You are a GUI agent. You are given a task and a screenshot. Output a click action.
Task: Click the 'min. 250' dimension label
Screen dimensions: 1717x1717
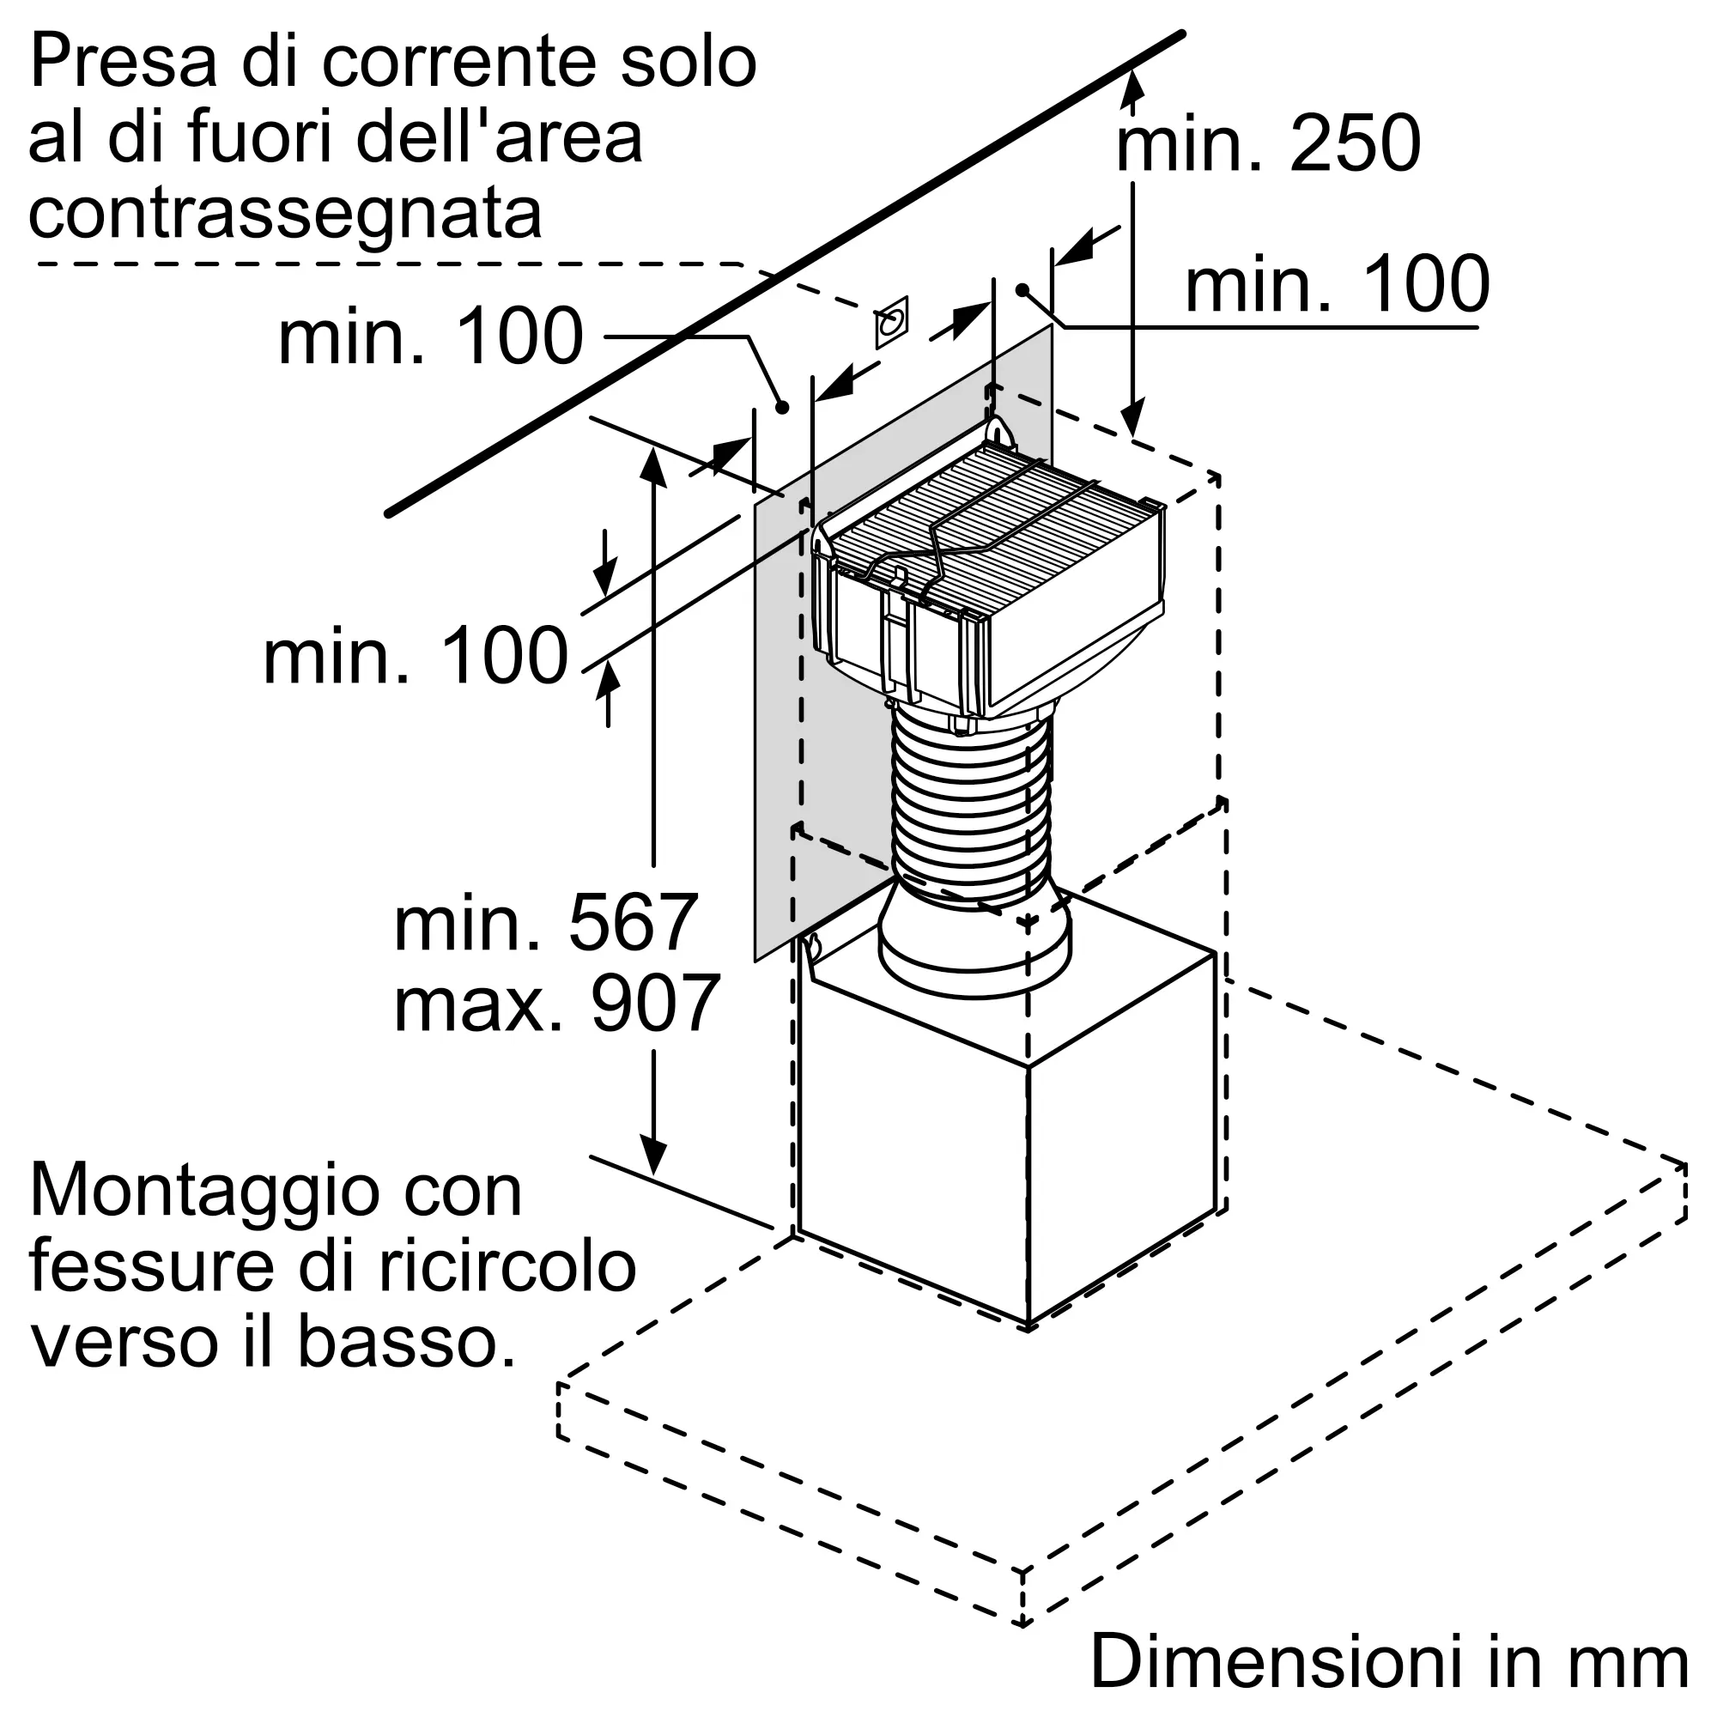(1268, 143)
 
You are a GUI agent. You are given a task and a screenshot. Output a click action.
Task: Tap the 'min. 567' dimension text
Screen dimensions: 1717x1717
(545, 923)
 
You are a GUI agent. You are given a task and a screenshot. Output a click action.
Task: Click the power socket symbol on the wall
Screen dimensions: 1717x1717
(891, 322)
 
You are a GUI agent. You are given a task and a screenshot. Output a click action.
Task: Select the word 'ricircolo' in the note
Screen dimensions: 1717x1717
(507, 1265)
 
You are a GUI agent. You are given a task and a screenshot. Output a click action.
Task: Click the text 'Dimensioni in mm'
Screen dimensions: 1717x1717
(1389, 1661)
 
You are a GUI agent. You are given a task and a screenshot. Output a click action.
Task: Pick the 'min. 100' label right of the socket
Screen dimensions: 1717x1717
(1338, 283)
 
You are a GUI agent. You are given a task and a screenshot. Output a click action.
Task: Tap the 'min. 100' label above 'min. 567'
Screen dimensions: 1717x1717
(415, 655)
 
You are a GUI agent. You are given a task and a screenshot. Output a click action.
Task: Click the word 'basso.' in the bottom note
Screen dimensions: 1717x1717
(406, 1342)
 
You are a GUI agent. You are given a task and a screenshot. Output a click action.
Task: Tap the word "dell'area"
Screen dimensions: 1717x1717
(500, 137)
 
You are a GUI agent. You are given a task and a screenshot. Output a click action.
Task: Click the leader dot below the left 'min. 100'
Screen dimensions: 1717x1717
(782, 407)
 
